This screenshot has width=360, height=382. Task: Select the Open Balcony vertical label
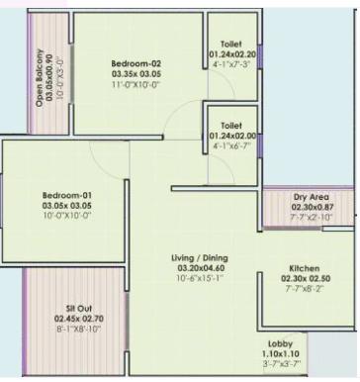(x=43, y=69)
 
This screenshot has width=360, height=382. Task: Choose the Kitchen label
(x=304, y=268)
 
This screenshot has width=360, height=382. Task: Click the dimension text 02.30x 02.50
(x=303, y=278)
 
